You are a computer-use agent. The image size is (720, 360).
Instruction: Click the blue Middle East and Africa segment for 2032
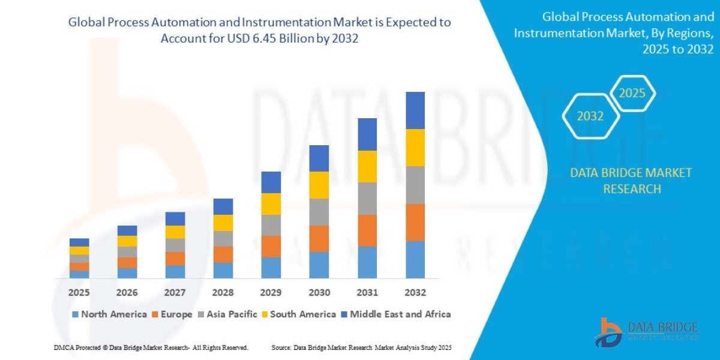pyautogui.click(x=415, y=110)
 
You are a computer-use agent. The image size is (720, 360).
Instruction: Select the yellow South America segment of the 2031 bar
pyautogui.click(x=367, y=166)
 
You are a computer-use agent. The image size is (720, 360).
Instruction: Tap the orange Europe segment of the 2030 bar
pyautogui.click(x=319, y=238)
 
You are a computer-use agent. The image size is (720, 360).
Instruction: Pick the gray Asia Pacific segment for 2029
pyautogui.click(x=271, y=225)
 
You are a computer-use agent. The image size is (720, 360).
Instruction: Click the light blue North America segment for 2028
pyautogui.click(x=223, y=271)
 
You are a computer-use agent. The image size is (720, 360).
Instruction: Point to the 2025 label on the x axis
pyautogui.click(x=79, y=293)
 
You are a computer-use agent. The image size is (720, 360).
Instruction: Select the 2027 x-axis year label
pyautogui.click(x=175, y=293)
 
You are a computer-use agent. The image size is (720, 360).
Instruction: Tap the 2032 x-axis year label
pyautogui.click(x=415, y=293)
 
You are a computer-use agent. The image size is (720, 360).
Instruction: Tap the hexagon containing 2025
pyautogui.click(x=632, y=94)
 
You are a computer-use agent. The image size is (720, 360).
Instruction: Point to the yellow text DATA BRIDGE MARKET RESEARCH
pyautogui.click(x=631, y=181)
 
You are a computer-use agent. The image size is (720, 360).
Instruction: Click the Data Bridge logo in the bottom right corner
pyautogui.click(x=647, y=332)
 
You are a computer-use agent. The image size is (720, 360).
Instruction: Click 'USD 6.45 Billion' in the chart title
pyautogui.click(x=266, y=38)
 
